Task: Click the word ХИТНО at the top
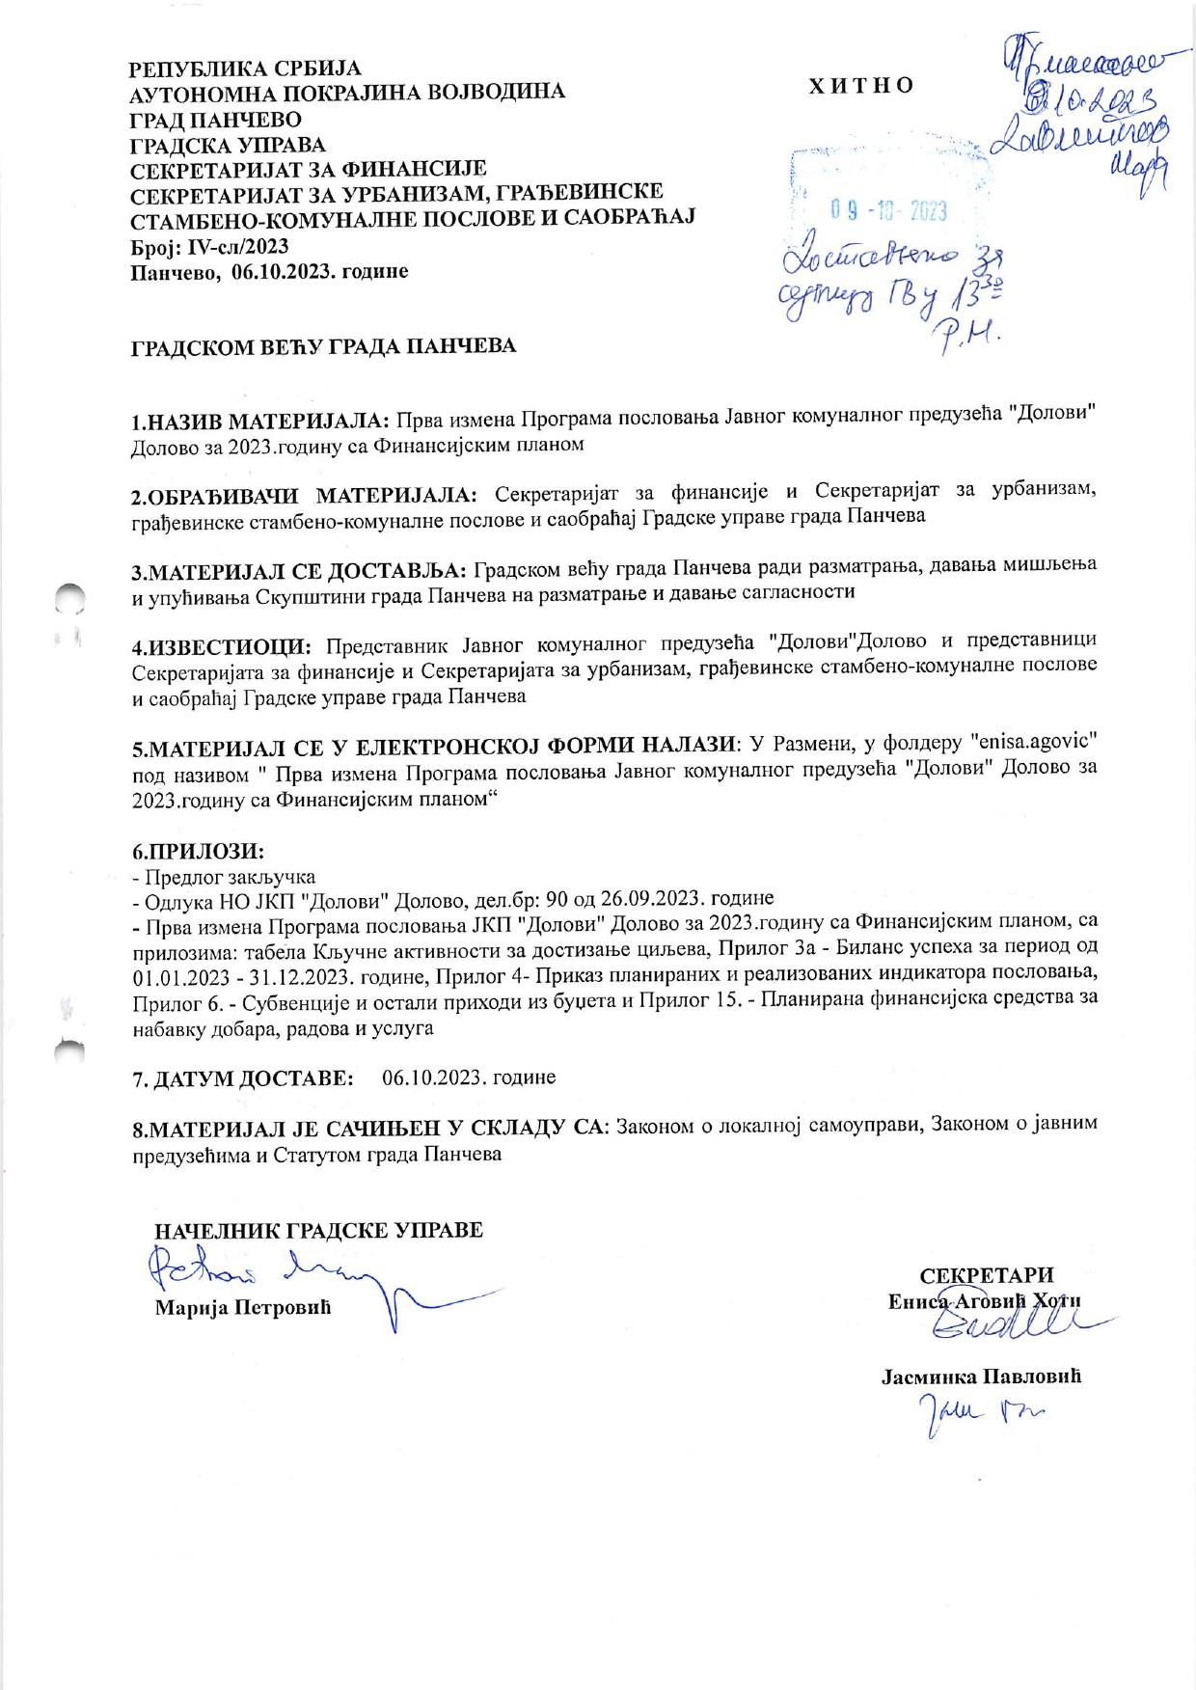pos(862,86)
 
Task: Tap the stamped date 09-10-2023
pos(888,211)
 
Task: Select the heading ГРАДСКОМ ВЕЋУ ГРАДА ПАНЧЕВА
pos(323,345)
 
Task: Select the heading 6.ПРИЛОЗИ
pos(198,852)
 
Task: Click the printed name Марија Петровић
pos(243,1308)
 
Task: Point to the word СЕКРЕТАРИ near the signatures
pos(987,1275)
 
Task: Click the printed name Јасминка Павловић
pos(981,1376)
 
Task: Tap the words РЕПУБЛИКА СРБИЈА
pos(246,68)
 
